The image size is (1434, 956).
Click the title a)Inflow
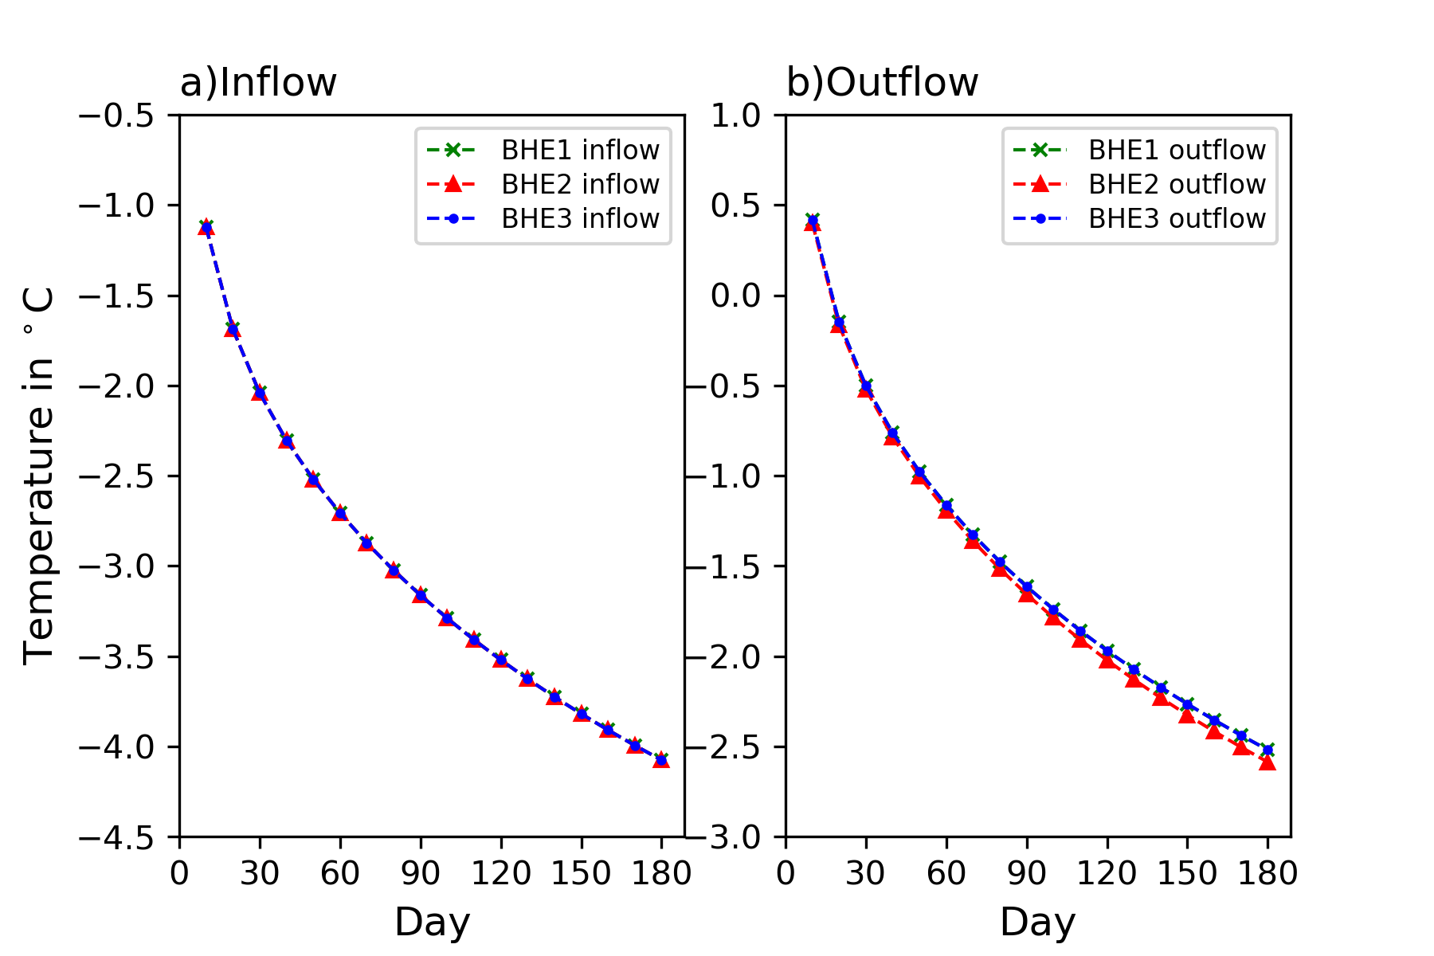point(258,82)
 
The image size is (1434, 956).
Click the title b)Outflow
point(882,82)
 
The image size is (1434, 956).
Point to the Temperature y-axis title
point(38,476)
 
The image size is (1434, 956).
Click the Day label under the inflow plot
point(432,922)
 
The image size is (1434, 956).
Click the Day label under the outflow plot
point(1037,922)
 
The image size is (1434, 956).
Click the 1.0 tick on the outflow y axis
point(736,116)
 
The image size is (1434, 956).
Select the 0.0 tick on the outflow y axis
point(736,296)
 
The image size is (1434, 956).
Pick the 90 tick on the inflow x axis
point(420,873)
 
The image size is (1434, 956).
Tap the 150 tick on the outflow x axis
point(1187,873)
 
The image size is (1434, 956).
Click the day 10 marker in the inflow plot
point(206,227)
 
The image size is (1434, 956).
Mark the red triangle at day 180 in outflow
point(1267,762)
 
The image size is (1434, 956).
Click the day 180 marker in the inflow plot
point(661,760)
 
